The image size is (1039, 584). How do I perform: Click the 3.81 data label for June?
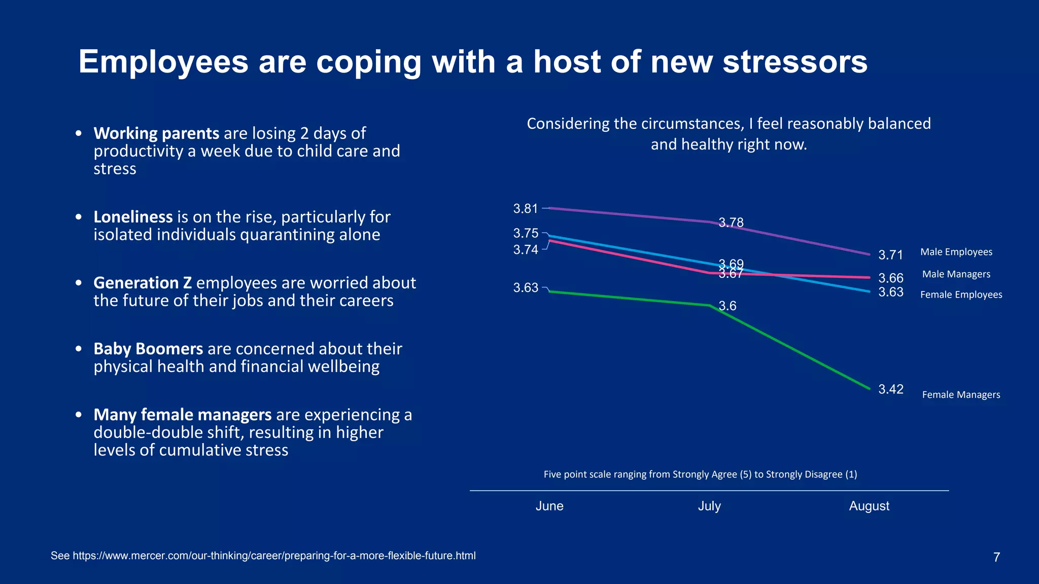point(525,208)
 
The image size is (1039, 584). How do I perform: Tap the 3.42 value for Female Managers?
point(890,389)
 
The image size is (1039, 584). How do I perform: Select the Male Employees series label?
point(956,252)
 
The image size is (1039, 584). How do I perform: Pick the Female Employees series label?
point(961,295)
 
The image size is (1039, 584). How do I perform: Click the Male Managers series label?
point(956,274)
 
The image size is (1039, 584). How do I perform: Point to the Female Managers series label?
point(961,395)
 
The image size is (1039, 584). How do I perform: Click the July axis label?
point(709,506)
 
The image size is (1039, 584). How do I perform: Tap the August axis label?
point(869,506)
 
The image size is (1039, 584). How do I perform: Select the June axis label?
point(549,506)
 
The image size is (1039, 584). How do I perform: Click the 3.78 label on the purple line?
point(731,223)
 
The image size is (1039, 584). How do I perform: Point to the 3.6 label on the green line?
point(727,306)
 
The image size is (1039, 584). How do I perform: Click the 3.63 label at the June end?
point(525,288)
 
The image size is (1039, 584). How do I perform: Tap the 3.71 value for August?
point(890,255)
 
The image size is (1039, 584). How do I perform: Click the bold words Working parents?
point(156,133)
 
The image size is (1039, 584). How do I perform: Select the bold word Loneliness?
point(133,217)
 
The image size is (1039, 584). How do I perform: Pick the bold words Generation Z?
point(143,283)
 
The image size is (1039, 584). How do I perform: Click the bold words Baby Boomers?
point(148,349)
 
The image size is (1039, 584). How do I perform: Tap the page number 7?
point(996,557)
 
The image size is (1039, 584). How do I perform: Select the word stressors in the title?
point(794,62)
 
